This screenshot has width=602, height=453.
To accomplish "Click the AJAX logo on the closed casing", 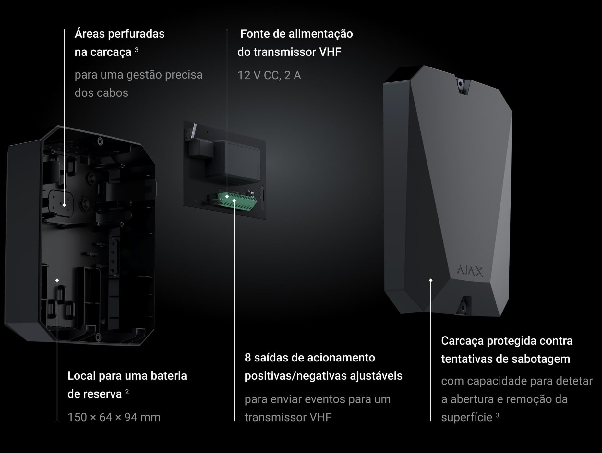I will pos(470,271).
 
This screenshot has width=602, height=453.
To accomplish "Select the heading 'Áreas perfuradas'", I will pos(119,34).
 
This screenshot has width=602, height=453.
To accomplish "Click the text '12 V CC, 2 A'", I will pos(269,75).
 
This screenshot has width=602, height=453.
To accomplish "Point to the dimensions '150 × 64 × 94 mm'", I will pos(114,417).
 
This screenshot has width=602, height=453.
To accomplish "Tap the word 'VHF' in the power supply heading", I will pos(330,52).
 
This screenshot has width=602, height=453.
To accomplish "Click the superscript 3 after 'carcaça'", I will pos(137,50).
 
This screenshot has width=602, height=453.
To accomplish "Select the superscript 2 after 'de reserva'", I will pos(127,392).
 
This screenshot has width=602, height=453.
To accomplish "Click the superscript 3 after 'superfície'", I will pos(497,415).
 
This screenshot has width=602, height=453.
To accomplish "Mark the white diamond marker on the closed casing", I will pos(431,280).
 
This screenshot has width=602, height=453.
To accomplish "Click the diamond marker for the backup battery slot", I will pos(57,280).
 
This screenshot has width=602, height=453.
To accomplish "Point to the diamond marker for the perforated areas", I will pos(64,205).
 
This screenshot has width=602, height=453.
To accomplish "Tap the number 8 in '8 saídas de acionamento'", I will pos(248,358).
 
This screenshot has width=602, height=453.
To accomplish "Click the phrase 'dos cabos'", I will pos(101,93).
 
